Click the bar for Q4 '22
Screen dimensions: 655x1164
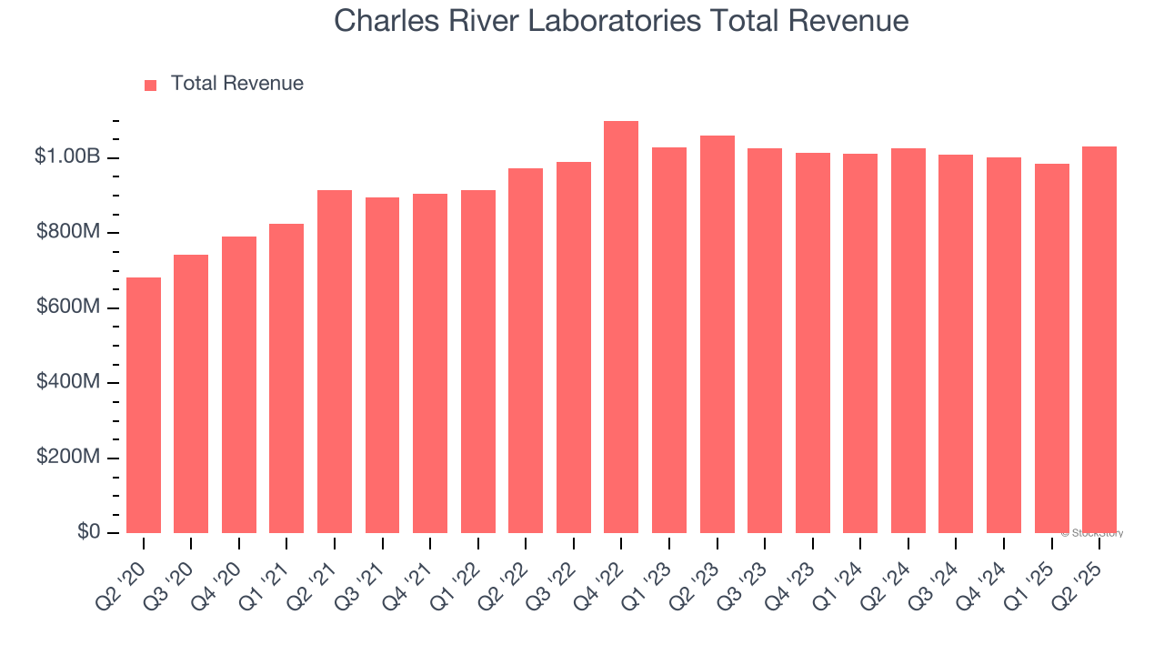(x=621, y=327)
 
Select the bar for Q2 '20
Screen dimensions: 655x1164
(x=144, y=405)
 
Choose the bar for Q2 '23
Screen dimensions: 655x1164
(x=717, y=334)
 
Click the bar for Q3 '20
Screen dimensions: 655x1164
(x=191, y=394)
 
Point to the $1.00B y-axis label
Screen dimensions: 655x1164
(x=67, y=157)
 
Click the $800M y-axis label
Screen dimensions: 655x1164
(x=68, y=233)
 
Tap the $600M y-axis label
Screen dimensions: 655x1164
(x=68, y=307)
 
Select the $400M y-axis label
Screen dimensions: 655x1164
(x=68, y=382)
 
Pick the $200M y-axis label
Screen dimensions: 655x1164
(x=68, y=457)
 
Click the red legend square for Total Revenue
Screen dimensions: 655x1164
(x=151, y=85)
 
